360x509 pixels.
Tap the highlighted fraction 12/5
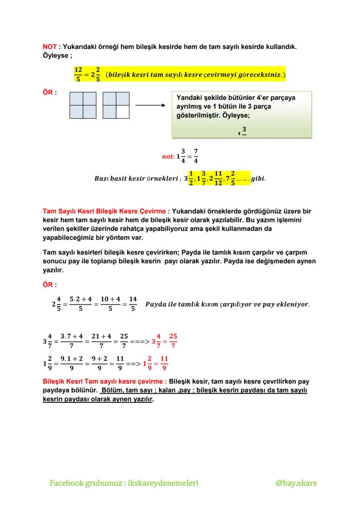tap(78, 74)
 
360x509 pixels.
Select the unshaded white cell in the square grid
tap(123, 112)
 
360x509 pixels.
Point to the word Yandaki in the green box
tap(187, 98)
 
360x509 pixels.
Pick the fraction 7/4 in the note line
tap(196, 156)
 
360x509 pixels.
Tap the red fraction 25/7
tap(173, 341)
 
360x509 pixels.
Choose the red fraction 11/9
tap(164, 363)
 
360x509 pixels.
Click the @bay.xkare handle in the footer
tap(296, 483)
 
